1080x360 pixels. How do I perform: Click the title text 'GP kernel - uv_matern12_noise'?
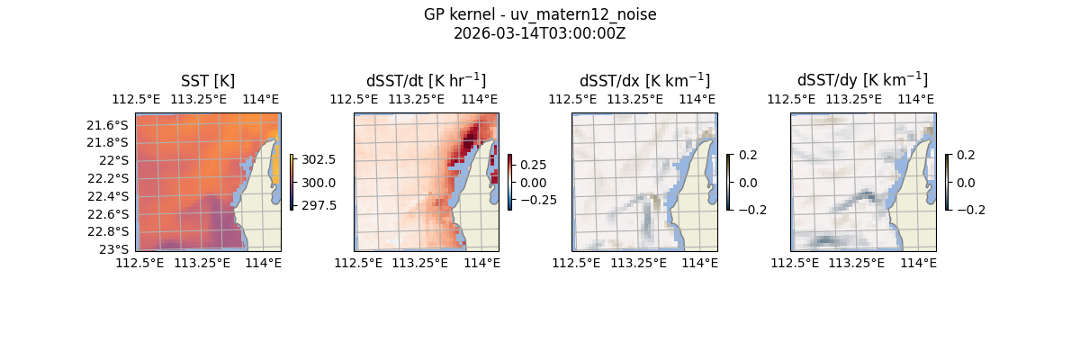click(x=540, y=14)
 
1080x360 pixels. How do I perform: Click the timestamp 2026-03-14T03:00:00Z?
click(x=540, y=34)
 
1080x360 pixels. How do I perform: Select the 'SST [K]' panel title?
click(x=208, y=81)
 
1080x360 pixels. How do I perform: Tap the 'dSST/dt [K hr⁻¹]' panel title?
click(x=426, y=80)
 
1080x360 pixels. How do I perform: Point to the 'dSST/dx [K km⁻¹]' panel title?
click(x=644, y=80)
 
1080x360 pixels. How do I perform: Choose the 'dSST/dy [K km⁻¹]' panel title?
click(x=862, y=80)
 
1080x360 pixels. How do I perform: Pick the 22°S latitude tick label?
click(x=116, y=160)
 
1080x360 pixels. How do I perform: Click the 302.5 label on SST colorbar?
click(x=319, y=159)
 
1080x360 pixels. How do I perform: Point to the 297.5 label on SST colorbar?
click(x=319, y=205)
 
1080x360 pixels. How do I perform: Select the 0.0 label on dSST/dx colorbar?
click(x=749, y=183)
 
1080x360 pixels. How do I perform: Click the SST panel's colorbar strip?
click(x=292, y=183)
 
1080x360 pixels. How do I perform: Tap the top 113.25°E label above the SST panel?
click(x=199, y=100)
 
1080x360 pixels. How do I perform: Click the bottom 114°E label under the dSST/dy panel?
click(x=918, y=263)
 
